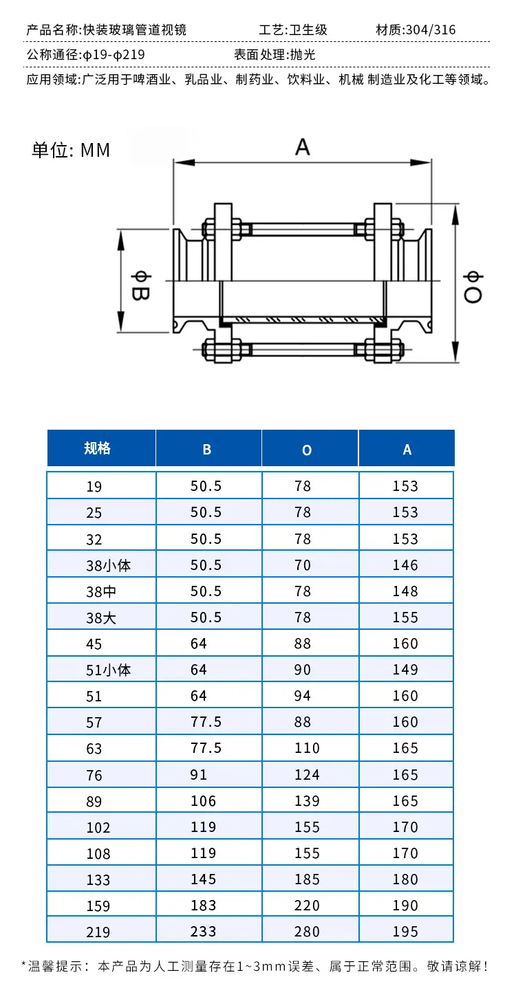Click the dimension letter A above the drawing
[x=302, y=146]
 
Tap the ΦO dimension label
[x=473, y=287]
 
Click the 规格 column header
[x=97, y=448]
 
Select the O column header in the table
[x=307, y=450]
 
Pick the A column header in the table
[x=407, y=450]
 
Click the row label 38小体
[x=108, y=565]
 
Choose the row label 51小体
[x=108, y=670]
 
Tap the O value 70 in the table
[x=302, y=565]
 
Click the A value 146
[x=405, y=565]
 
